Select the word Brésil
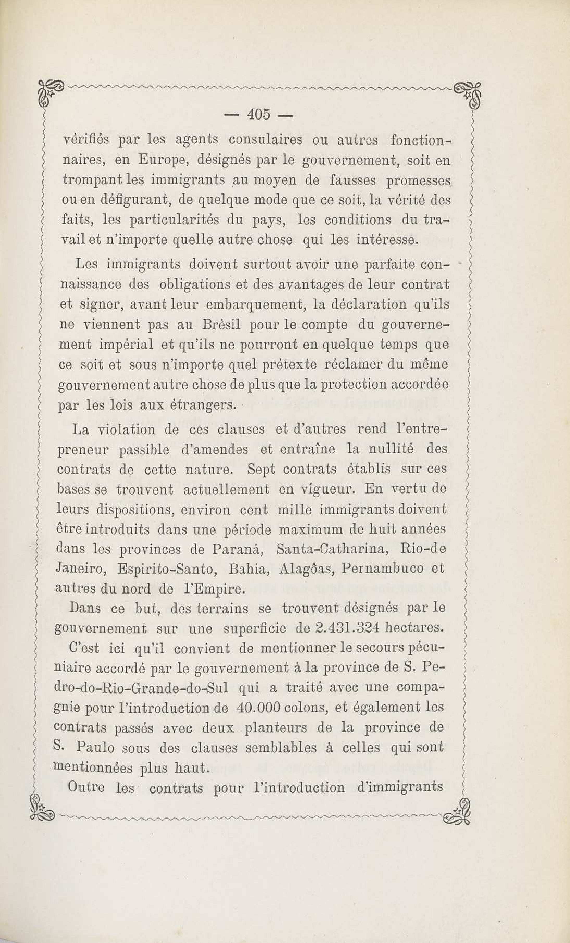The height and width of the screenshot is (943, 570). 220,325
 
